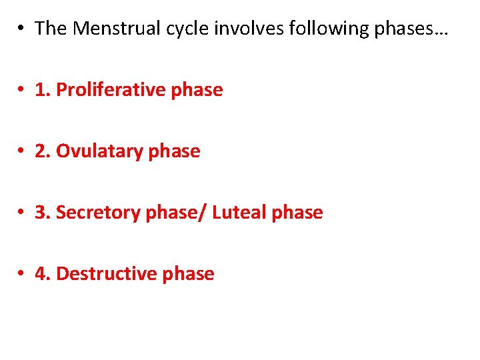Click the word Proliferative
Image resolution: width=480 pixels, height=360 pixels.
[x=111, y=90]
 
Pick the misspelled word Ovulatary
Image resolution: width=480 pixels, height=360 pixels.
[x=99, y=151]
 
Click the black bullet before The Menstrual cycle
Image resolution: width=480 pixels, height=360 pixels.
[x=22, y=29]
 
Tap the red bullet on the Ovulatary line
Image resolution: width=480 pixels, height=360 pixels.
[x=22, y=152]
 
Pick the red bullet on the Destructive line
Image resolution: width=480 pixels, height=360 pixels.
[x=22, y=275]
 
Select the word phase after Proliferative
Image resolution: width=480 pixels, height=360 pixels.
[x=197, y=90]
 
